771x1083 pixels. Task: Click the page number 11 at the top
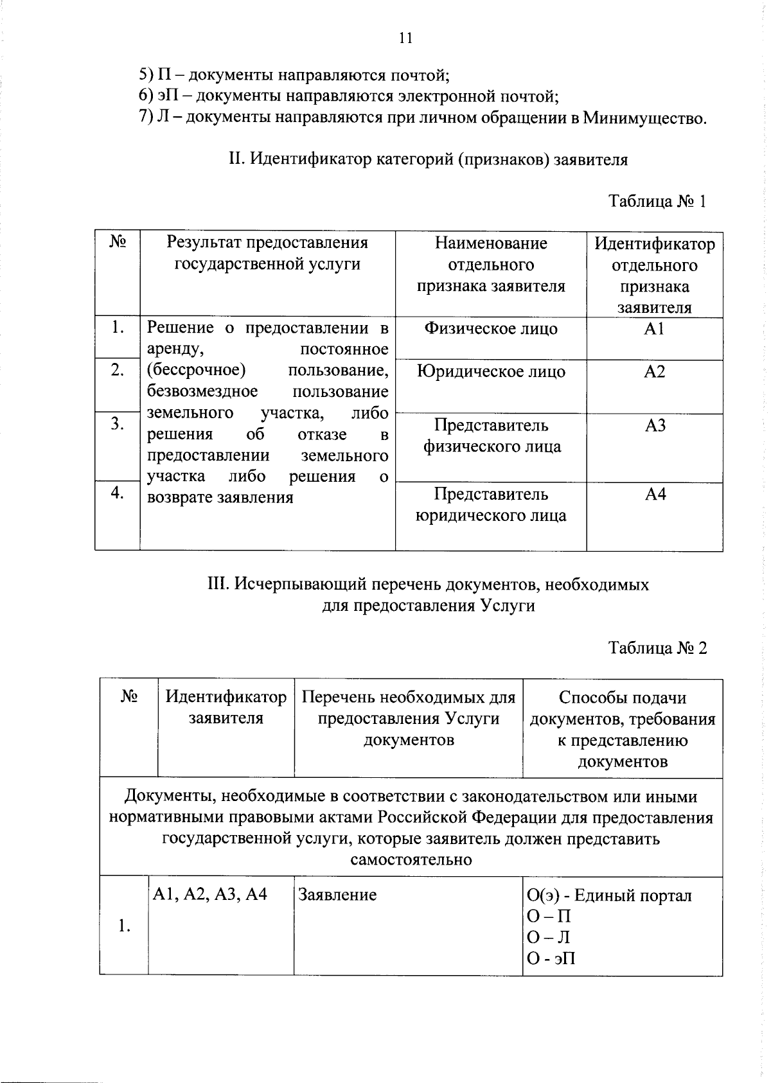coord(405,38)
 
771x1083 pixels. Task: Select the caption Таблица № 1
coord(657,201)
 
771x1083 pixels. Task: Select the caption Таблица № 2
coord(657,648)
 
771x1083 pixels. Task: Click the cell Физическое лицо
coord(491,329)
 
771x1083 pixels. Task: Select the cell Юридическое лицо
coord(491,372)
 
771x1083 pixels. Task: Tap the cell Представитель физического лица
coord(492,436)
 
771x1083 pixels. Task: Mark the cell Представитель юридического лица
coord(492,504)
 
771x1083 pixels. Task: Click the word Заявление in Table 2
coord(337,895)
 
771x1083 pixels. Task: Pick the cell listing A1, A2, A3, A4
coord(209,894)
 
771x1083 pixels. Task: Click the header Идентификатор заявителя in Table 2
coord(226,707)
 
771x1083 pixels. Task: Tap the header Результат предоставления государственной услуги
coord(267,253)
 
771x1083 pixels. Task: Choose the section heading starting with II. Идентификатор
coord(428,159)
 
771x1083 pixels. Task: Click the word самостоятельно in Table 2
coord(411,859)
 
